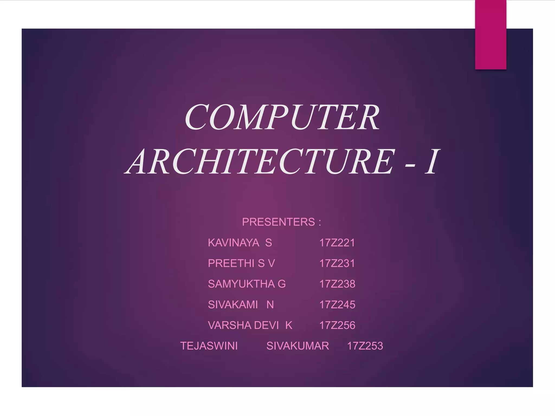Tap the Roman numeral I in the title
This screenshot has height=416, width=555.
(x=431, y=162)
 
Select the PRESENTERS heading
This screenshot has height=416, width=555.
(x=278, y=222)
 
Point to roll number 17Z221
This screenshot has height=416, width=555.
(x=337, y=243)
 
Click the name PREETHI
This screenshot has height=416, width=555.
(x=231, y=263)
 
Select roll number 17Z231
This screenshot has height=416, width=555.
(x=337, y=263)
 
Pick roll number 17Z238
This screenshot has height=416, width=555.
(x=337, y=284)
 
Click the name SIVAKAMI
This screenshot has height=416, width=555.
(x=233, y=305)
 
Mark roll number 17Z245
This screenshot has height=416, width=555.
(x=337, y=305)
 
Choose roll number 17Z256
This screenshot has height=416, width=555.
(x=337, y=325)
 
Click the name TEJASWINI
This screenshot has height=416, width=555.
(x=209, y=346)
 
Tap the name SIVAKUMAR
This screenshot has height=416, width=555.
(x=298, y=346)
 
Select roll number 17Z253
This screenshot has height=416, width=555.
(x=365, y=346)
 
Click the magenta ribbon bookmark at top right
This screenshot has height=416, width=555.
(x=491, y=34)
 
